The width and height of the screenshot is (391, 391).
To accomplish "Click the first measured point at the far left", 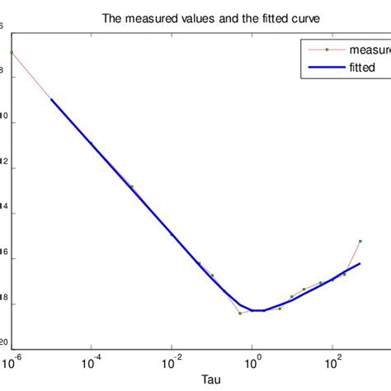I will (x=12, y=52).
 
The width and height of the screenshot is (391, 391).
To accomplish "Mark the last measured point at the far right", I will (x=360, y=241).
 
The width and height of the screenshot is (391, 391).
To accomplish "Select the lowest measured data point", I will (x=240, y=313).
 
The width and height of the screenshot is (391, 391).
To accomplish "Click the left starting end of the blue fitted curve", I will (x=52, y=100).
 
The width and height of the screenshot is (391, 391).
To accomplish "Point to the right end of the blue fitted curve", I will (x=360, y=263).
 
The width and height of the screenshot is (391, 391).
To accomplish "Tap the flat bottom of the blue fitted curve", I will (x=258, y=310).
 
